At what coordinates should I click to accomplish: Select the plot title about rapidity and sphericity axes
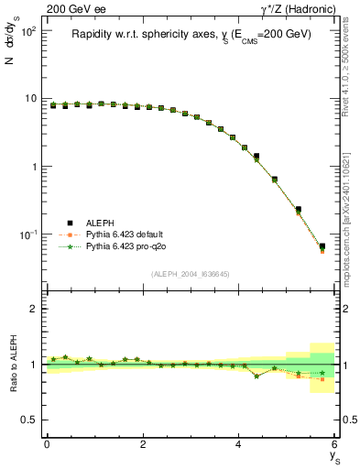[x=191, y=34]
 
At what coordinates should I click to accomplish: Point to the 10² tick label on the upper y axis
[x=27, y=31]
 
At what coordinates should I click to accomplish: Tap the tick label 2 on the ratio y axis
[x=34, y=310]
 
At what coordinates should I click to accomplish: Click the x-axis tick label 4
[x=239, y=445]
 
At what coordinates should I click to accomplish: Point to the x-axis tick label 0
[x=47, y=445]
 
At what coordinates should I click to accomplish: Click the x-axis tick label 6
[x=335, y=445]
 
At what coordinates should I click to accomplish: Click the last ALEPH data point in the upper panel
[x=322, y=246]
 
